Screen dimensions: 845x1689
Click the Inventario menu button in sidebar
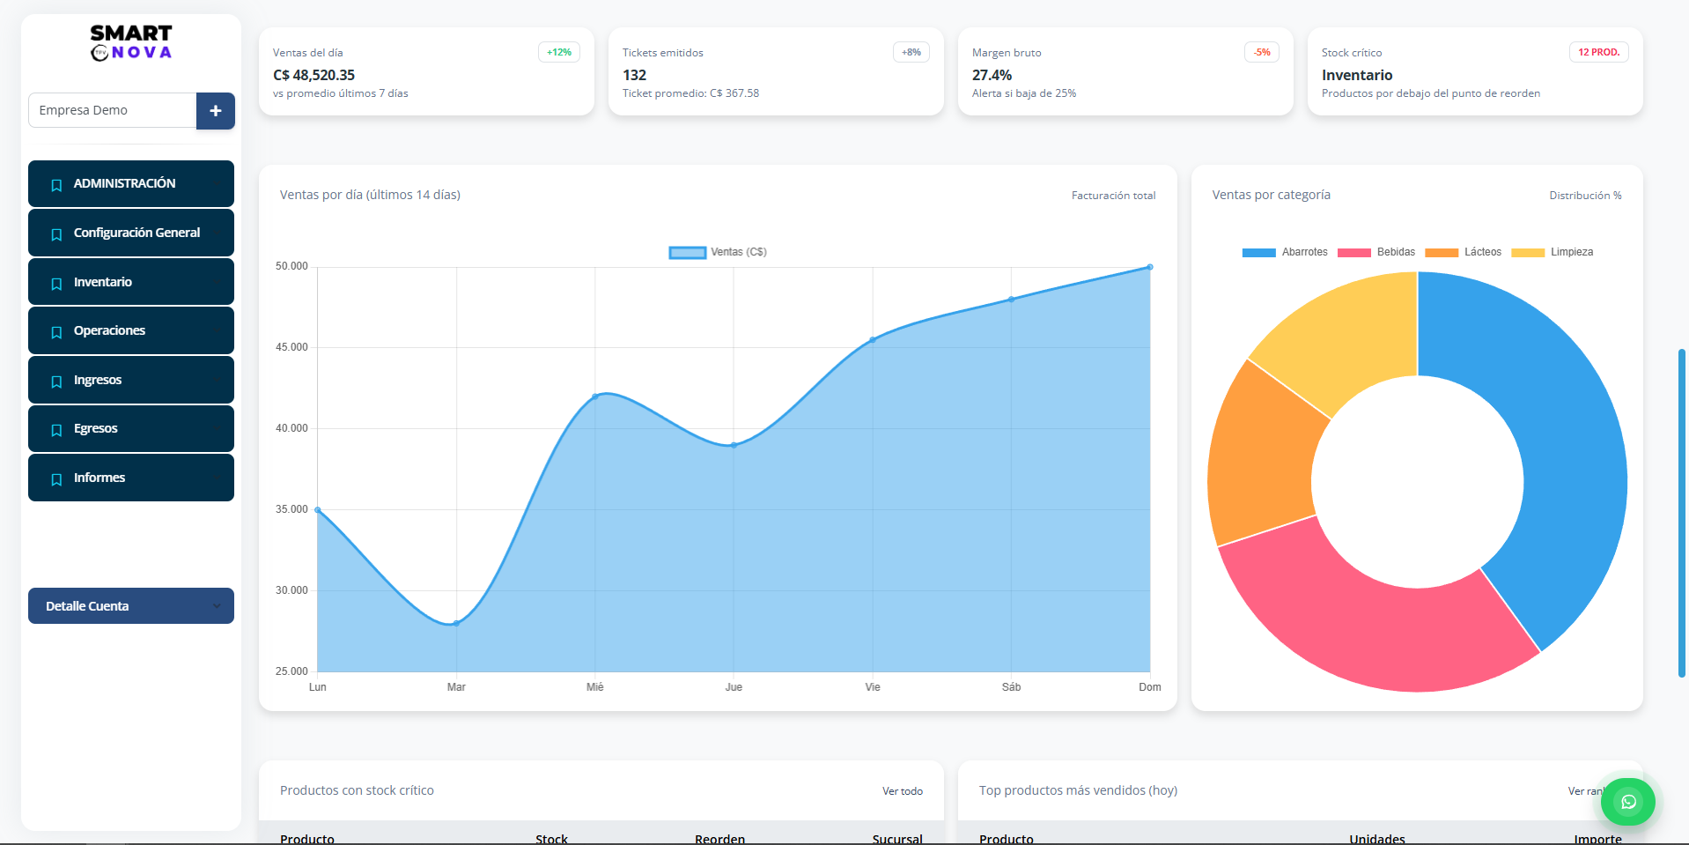pos(130,282)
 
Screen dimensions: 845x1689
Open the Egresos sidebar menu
pos(130,429)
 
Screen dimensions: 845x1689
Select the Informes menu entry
pos(130,478)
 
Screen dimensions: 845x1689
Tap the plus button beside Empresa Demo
pos(215,111)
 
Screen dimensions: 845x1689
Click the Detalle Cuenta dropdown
pos(130,606)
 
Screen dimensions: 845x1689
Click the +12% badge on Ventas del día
pos(558,53)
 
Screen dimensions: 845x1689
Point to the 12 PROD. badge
pos(1598,53)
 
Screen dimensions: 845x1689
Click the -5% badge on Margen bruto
pos(1262,53)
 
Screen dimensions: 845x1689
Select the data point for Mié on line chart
pos(595,397)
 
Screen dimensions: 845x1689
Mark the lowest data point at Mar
pos(456,624)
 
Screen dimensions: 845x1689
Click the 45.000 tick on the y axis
pos(291,347)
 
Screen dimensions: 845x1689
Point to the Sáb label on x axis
pos(1011,687)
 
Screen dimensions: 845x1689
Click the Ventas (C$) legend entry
pos(718,252)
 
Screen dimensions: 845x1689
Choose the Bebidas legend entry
pos(1376,252)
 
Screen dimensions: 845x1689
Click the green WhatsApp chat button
pos(1628,802)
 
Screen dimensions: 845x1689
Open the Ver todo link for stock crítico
pos(902,791)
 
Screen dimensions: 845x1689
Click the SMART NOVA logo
pos(131,42)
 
